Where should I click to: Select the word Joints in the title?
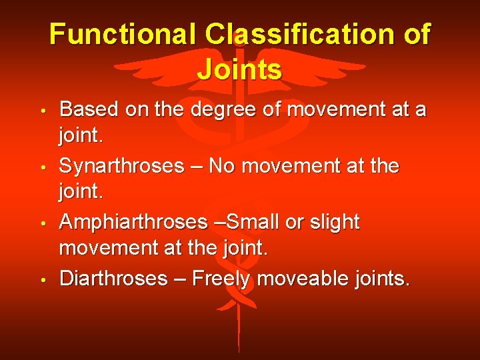(240, 69)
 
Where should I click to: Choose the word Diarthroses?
(113, 278)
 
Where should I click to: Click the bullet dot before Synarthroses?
(42, 167)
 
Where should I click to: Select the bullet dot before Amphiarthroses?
(42, 223)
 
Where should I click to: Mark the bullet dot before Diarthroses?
(42, 279)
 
